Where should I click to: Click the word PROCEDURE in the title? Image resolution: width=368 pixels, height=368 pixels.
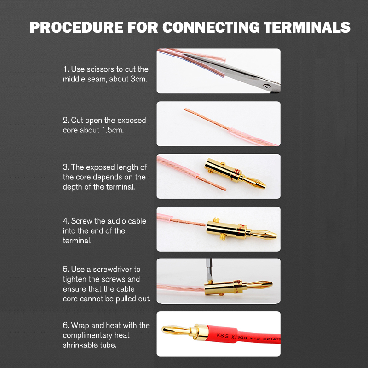point(76,27)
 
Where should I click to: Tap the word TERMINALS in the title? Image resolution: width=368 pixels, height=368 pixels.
point(307,27)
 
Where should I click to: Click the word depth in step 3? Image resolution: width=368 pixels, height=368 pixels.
point(72,187)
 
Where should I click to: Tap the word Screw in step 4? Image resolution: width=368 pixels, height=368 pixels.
point(81,221)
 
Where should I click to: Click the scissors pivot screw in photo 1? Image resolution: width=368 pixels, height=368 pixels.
point(266,86)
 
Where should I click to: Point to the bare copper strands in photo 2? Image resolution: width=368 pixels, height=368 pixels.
point(207,119)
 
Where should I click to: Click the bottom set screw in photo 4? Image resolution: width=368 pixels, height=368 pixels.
point(221,237)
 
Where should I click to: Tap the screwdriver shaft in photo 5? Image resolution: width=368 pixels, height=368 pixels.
point(209,269)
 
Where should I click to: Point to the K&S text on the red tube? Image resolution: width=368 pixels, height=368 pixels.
point(222,336)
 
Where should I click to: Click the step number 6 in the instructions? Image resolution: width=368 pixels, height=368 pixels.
point(66,326)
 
